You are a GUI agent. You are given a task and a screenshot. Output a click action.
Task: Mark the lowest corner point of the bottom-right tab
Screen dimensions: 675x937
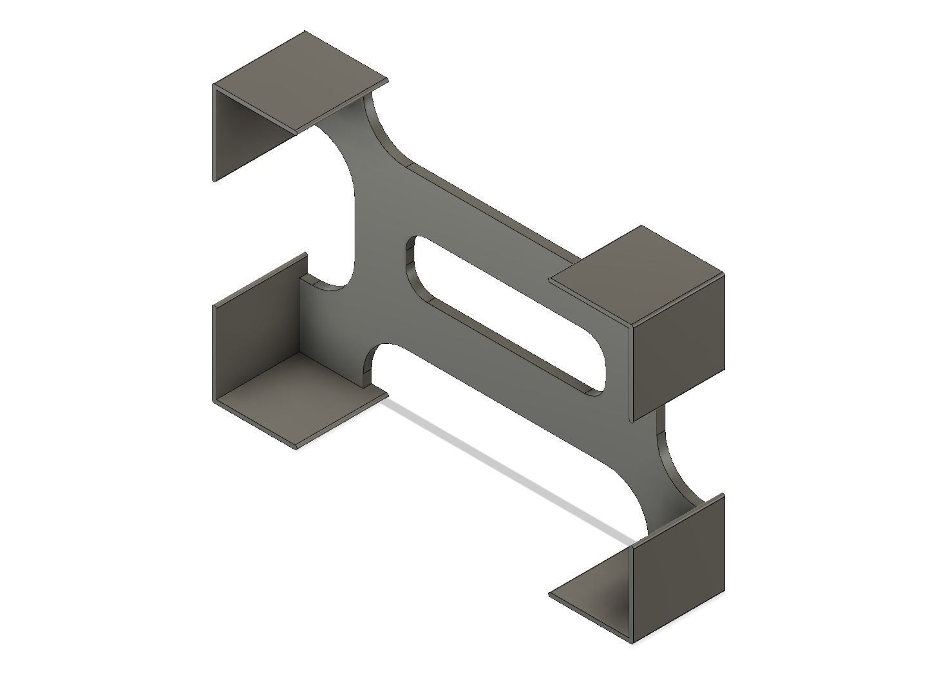[x=633, y=642]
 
